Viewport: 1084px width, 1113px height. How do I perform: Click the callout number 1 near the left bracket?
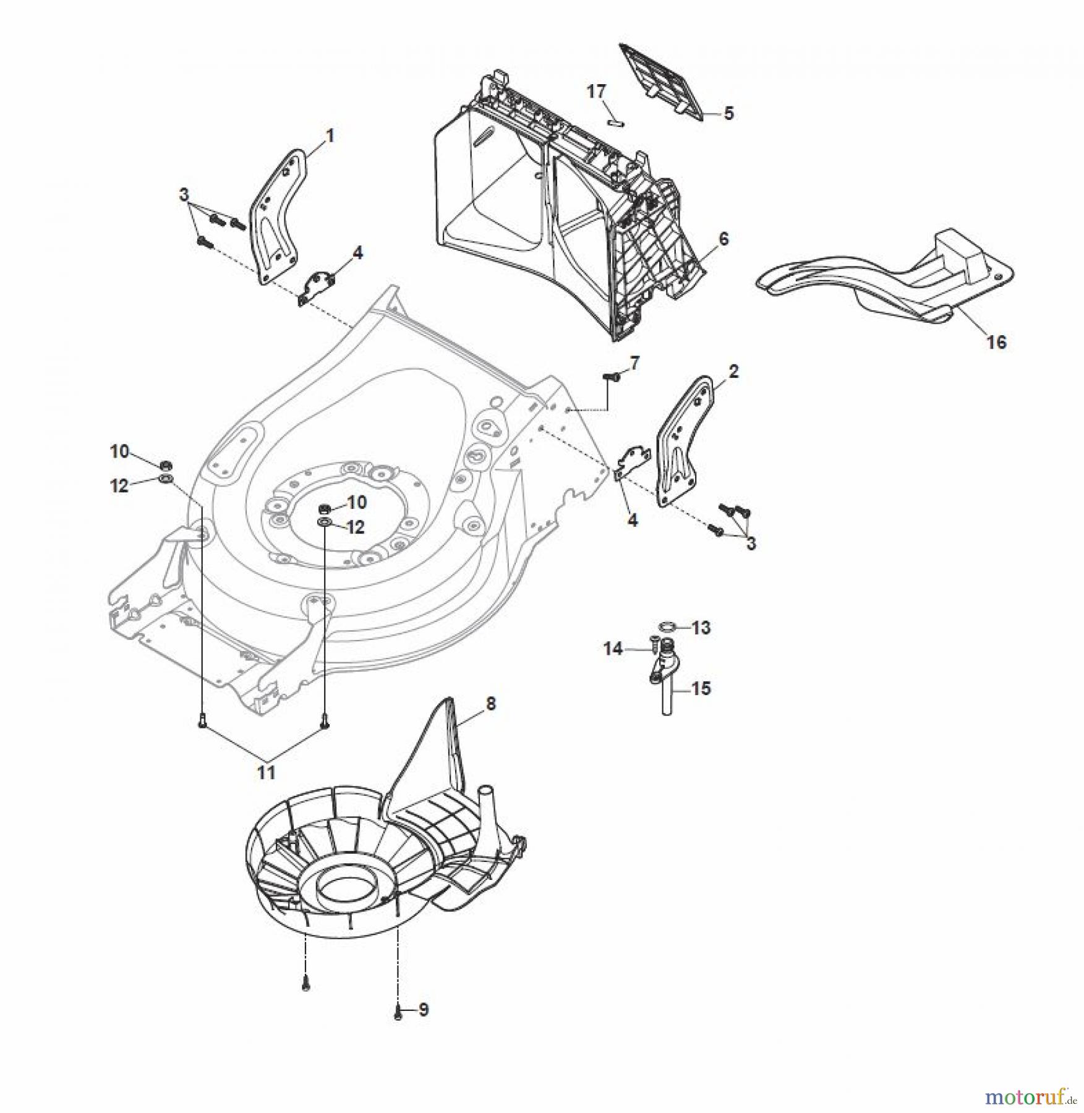coord(330,135)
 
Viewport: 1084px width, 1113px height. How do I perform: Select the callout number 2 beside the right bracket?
coord(733,372)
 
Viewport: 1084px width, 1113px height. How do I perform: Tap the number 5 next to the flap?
coord(728,113)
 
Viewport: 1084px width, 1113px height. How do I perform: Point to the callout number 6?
coord(723,238)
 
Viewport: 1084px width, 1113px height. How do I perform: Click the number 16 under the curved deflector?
coord(996,341)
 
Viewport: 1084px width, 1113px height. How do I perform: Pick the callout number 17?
coord(596,92)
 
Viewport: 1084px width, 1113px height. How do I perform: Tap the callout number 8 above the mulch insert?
coord(490,704)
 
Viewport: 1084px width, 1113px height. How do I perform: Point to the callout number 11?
coord(267,772)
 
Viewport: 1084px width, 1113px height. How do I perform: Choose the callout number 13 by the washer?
coord(701,628)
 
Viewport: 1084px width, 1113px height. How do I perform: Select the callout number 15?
coord(701,688)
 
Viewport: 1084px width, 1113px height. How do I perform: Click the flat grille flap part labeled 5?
coord(662,80)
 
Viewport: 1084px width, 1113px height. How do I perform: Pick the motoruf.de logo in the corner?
coord(1029,1097)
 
